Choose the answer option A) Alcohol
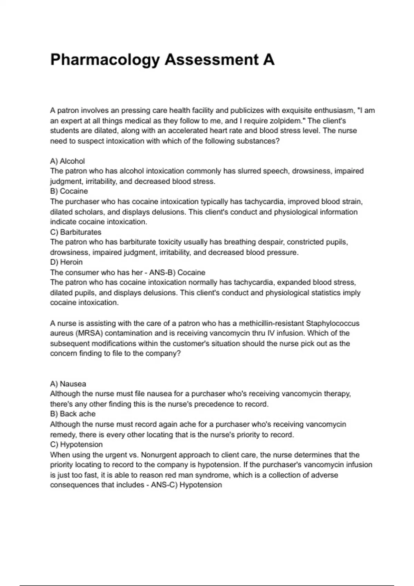pyautogui.click(x=67, y=161)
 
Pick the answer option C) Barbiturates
pyautogui.click(x=76, y=232)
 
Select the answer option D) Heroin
pyautogui.click(x=66, y=262)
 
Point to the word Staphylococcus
pyautogui.click(x=333, y=323)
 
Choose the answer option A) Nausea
pyautogui.click(x=68, y=384)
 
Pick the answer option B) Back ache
pyautogui.click(x=72, y=414)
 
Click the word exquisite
pyautogui.click(x=299, y=111)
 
